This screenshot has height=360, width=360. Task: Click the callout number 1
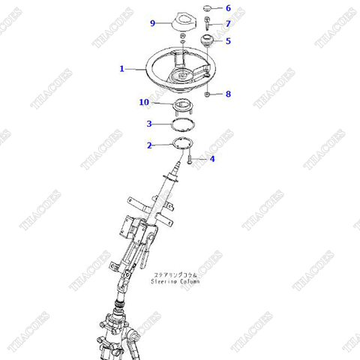(121, 69)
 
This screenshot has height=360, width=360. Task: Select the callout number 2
(150, 145)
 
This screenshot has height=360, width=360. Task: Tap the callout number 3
(150, 124)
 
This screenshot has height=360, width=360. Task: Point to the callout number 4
(212, 159)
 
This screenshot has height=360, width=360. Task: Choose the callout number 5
(228, 41)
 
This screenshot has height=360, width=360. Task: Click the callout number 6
(228, 8)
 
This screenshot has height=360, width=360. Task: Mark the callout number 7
(228, 24)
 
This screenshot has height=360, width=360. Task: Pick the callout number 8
(228, 94)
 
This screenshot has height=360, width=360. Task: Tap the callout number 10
(145, 102)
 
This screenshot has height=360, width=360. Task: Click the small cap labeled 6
(208, 10)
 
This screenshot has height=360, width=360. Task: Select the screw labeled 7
(208, 25)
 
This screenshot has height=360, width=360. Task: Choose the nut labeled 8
(208, 94)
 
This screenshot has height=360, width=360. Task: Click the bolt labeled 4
(192, 158)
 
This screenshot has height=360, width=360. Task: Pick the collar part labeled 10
(182, 104)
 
